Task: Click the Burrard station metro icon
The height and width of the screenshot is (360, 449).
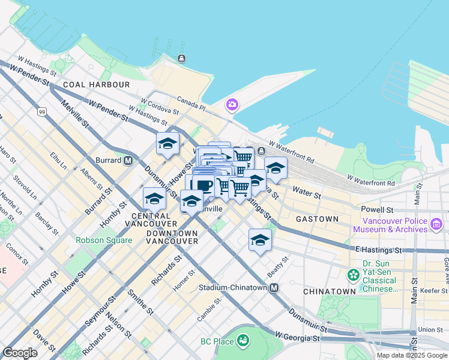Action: tap(128, 161)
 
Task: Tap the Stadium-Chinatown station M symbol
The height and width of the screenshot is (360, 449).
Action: tap(274, 288)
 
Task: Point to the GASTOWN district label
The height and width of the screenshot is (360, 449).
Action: tap(317, 219)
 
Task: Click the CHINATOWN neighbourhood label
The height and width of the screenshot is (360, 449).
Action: tap(329, 291)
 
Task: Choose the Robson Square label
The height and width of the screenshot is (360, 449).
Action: tap(104, 240)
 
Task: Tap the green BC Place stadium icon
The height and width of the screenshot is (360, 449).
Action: tap(243, 341)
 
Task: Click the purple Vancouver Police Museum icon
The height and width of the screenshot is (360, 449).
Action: tap(436, 224)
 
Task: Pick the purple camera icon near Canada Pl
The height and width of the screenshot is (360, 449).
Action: tap(232, 105)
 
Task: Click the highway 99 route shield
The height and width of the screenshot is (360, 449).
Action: tap(41, 112)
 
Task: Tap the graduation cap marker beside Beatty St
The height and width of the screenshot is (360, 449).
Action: tap(260, 240)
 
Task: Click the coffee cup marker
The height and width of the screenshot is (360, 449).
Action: tap(203, 185)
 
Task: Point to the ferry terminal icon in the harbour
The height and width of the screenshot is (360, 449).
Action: tap(181, 59)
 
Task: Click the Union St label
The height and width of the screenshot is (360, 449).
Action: tap(430, 329)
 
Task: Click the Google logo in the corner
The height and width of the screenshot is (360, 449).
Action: tap(20, 353)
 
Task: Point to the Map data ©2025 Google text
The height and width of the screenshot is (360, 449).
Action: tap(411, 355)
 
